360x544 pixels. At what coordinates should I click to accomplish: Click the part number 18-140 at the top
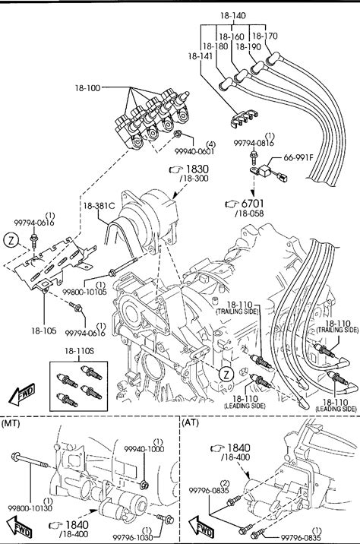point(232,15)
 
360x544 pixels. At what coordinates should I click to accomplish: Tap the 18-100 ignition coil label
point(87,88)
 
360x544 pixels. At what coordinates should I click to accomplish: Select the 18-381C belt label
point(99,206)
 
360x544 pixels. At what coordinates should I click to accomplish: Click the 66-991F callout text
point(298,157)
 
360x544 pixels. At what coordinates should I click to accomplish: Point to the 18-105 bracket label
point(44,331)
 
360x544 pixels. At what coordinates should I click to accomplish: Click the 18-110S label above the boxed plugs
point(79,351)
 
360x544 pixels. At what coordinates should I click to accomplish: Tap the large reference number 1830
point(197,169)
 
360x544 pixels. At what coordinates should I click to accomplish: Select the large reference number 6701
point(252,204)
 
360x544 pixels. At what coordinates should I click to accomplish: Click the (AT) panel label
point(190,422)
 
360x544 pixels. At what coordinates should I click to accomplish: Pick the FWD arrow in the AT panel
point(201,526)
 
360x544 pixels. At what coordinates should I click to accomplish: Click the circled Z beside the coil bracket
point(11,240)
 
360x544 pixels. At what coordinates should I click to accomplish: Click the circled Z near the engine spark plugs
point(226,375)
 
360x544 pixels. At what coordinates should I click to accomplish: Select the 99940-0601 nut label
point(194,151)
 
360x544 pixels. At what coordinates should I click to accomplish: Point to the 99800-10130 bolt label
point(30,508)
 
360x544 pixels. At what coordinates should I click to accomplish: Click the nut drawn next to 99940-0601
point(178,133)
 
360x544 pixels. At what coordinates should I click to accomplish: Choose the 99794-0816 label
point(254,143)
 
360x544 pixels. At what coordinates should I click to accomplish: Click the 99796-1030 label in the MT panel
point(132,537)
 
